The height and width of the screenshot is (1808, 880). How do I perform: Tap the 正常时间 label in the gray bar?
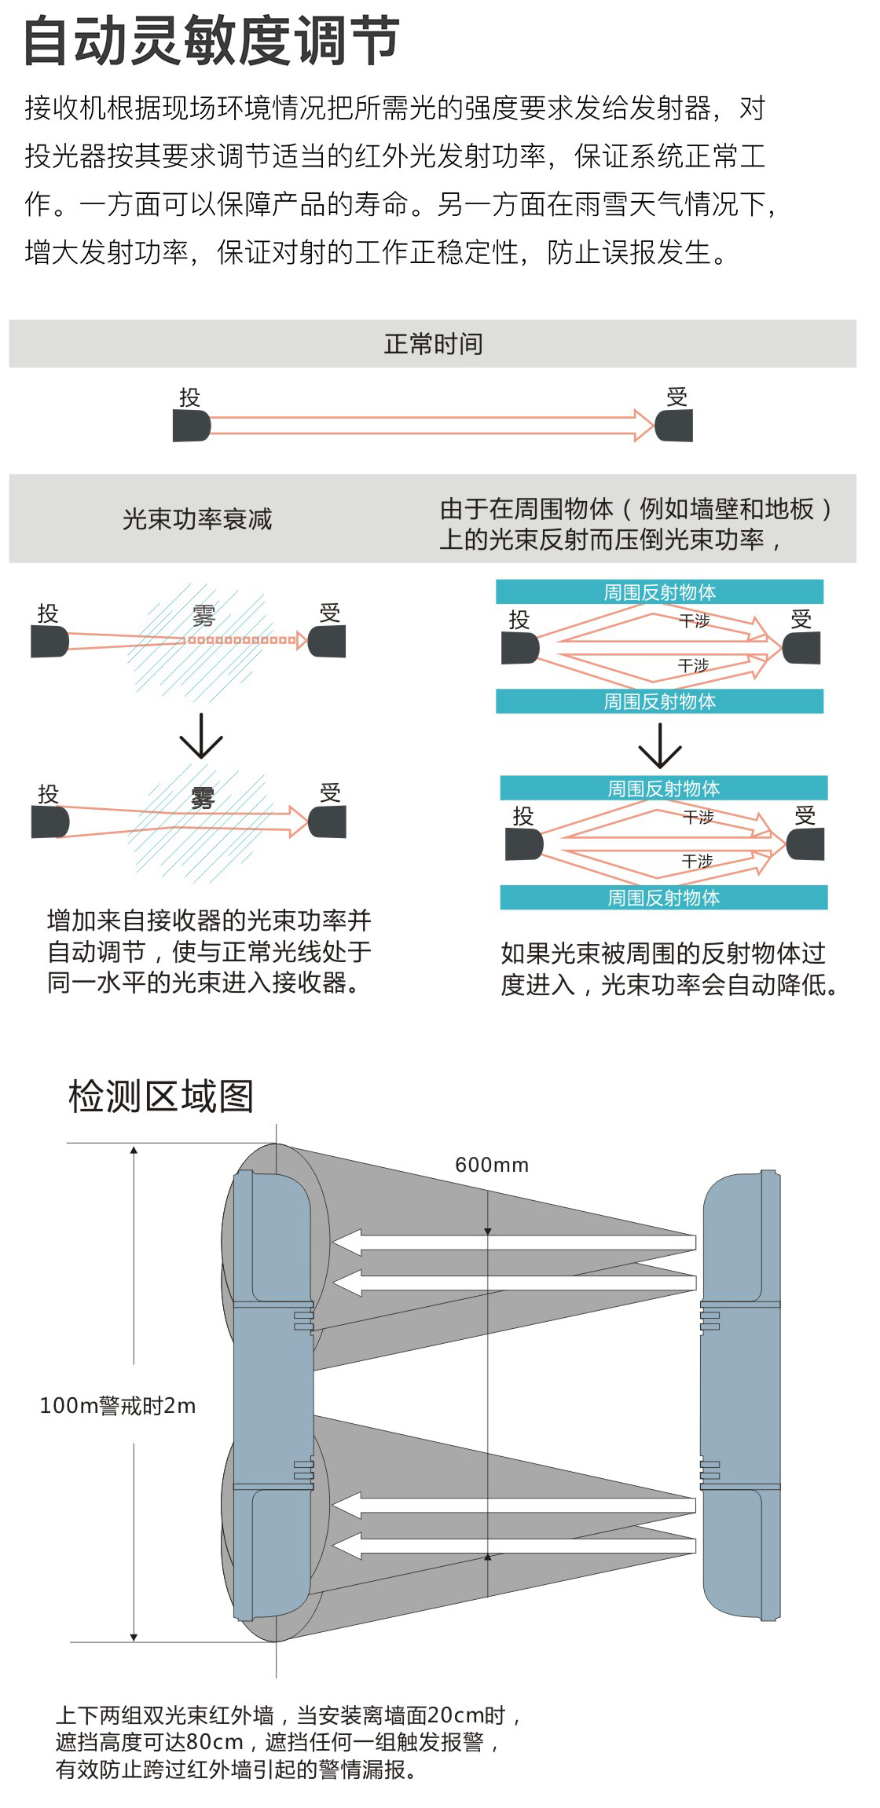[433, 344]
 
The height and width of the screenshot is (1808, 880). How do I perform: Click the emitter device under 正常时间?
[191, 426]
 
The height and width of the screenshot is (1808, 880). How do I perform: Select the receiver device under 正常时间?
[675, 426]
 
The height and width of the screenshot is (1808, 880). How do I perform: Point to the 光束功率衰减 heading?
[197, 519]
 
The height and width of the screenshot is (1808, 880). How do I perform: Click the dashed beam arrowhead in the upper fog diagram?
[301, 640]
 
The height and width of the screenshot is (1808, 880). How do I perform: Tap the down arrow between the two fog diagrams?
[201, 737]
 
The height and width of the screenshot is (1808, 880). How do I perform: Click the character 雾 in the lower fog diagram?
[203, 798]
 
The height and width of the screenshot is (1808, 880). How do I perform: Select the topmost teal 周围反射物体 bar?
[659, 591]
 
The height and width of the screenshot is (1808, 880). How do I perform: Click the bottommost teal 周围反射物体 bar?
[664, 898]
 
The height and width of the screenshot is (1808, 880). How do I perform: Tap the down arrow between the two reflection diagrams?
[660, 746]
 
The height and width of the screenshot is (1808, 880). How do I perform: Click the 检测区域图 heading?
[161, 1096]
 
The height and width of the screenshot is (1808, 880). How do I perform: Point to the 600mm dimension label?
[492, 1165]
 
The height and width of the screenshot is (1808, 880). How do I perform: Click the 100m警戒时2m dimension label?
[118, 1405]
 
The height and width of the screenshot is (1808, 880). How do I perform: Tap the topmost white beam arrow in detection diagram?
[515, 1243]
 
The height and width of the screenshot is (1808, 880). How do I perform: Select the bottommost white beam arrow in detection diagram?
[515, 1546]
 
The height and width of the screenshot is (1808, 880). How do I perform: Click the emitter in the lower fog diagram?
[50, 822]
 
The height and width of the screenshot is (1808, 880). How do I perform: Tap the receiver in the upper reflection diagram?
[802, 649]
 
